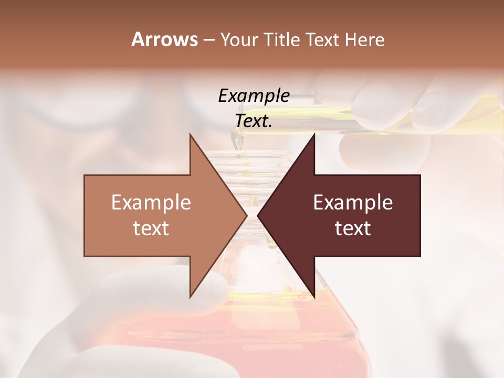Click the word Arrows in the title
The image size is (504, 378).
point(164,39)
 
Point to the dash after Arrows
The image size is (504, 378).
point(208,40)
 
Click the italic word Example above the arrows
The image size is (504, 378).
point(254,96)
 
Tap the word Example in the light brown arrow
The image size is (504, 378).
point(151,203)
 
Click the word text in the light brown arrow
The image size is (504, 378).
point(151,228)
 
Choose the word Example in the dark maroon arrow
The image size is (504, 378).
point(353,203)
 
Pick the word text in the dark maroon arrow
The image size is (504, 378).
point(353,228)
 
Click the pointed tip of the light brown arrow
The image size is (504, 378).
point(246,215)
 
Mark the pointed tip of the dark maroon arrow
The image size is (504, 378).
point(258,215)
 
